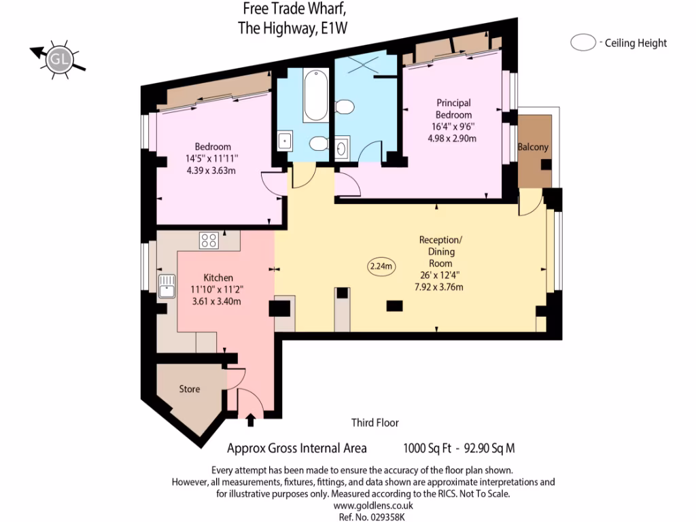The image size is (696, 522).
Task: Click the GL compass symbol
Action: point(58,60)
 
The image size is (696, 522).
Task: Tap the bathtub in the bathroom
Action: point(316,97)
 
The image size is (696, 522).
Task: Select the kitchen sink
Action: point(166,287)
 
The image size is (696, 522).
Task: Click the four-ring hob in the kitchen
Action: point(209,240)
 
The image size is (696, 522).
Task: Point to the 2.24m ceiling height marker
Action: point(381,266)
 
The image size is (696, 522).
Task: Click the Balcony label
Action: point(533,147)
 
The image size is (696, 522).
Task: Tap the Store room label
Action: point(190,389)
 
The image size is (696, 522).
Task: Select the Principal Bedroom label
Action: point(453,109)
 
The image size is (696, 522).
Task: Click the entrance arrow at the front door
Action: point(251,420)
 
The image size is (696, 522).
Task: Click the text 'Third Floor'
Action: point(375,423)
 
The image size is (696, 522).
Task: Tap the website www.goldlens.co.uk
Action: point(373,505)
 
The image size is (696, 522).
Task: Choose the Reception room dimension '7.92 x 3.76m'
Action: point(440,288)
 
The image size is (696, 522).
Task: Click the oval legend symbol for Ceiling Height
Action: point(582,43)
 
